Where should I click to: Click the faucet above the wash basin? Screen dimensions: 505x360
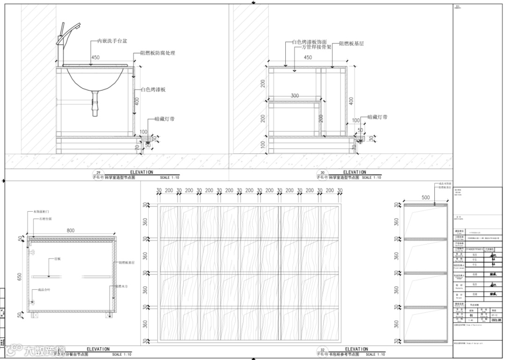62,42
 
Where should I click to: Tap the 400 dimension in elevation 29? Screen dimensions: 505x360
137,101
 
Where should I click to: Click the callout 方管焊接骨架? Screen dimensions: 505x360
312,47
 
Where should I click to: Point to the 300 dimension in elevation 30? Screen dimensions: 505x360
295,96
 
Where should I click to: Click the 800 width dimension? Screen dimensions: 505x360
71,230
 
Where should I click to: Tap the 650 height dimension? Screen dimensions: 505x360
20,277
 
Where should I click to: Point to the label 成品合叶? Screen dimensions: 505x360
44,290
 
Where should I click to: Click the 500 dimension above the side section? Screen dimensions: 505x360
426,198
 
